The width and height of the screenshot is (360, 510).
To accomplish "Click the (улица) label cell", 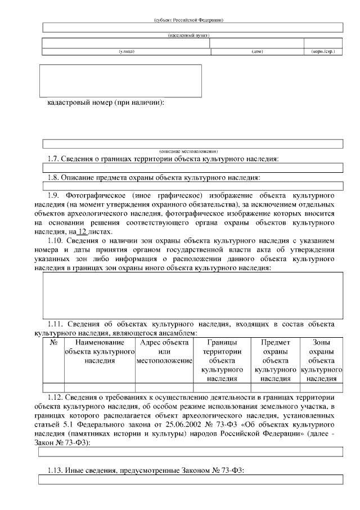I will pos(126,52).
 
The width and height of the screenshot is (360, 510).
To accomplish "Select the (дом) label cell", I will pos(257,52).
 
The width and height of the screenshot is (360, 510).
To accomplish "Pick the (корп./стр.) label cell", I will pos(323,52).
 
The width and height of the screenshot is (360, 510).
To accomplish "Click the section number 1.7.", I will pos(54,159).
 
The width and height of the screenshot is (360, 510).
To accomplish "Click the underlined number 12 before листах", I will pos(83,232).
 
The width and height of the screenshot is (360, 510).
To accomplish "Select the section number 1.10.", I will pos(57,241).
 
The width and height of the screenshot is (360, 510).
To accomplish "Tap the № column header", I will pos(53,342).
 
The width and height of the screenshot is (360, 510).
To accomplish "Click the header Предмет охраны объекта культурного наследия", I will pos(276,361).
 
